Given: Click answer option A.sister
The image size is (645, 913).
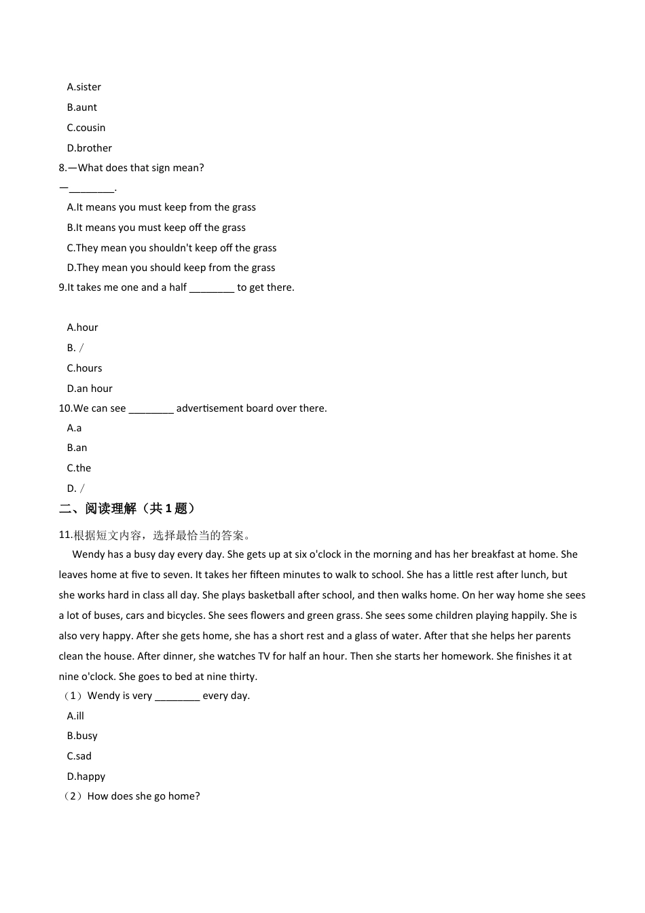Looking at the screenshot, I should (x=84, y=87).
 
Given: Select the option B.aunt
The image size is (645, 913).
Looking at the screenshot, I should (x=81, y=107).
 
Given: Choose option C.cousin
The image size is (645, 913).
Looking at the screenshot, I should (x=86, y=128).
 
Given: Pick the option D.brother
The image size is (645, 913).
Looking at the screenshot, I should (x=89, y=148).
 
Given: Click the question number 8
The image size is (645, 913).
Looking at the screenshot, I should (x=62, y=168).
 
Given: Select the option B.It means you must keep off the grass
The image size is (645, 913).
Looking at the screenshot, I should (x=156, y=228).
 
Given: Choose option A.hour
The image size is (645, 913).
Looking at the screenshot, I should (x=82, y=327).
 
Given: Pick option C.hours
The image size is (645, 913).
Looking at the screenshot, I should (x=84, y=368).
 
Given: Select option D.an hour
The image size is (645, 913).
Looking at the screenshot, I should (x=90, y=389).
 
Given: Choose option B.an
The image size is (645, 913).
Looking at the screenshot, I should (x=77, y=448).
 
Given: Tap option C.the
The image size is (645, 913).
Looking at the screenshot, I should (x=79, y=468).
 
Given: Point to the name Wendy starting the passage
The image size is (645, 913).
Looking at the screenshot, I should (x=88, y=554).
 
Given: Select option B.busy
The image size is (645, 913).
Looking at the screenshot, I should (x=82, y=736).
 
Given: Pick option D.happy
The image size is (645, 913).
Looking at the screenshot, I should (x=86, y=776).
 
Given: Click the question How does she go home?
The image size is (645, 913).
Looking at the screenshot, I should (x=143, y=796).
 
